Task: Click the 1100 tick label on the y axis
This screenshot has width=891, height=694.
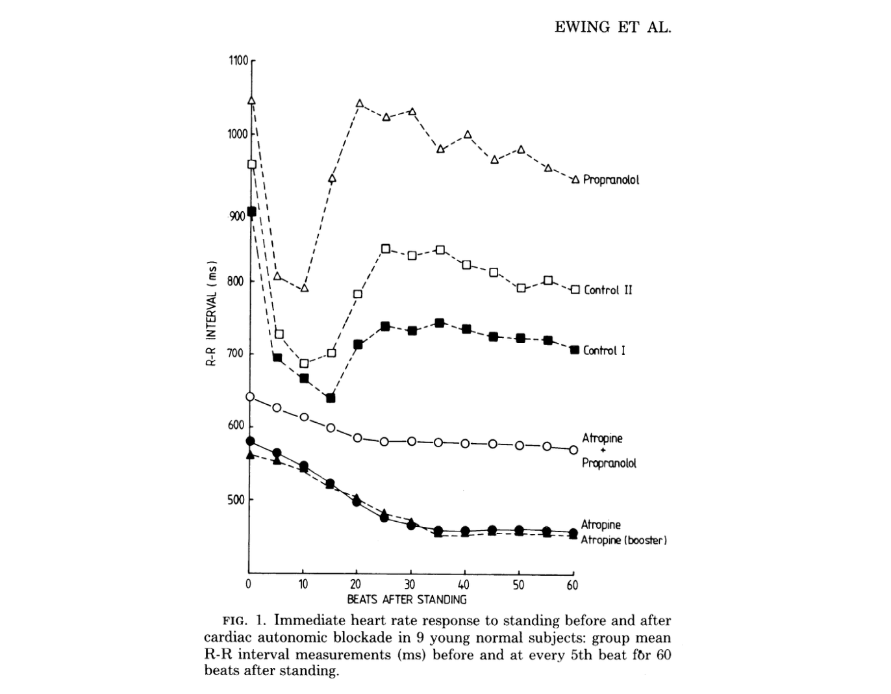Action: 238,61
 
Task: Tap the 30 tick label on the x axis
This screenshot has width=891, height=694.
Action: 410,584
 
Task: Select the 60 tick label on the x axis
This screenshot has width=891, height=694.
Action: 572,585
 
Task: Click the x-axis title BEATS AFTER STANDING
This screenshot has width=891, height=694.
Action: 407,599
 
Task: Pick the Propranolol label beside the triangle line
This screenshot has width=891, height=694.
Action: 610,180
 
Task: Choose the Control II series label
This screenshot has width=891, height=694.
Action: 608,290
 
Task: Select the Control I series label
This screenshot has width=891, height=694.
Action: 604,350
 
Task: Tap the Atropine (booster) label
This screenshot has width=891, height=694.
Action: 623,541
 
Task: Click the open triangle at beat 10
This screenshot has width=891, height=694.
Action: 305,287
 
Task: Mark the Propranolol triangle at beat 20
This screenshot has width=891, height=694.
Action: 359,103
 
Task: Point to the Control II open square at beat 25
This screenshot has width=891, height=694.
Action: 386,248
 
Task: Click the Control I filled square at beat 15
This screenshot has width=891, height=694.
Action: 331,398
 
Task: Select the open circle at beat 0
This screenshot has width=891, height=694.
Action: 250,396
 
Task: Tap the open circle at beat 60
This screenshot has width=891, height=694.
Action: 573,450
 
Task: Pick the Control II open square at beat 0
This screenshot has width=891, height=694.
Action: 251,164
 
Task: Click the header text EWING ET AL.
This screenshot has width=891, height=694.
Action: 612,27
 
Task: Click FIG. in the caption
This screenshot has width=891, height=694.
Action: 234,621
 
